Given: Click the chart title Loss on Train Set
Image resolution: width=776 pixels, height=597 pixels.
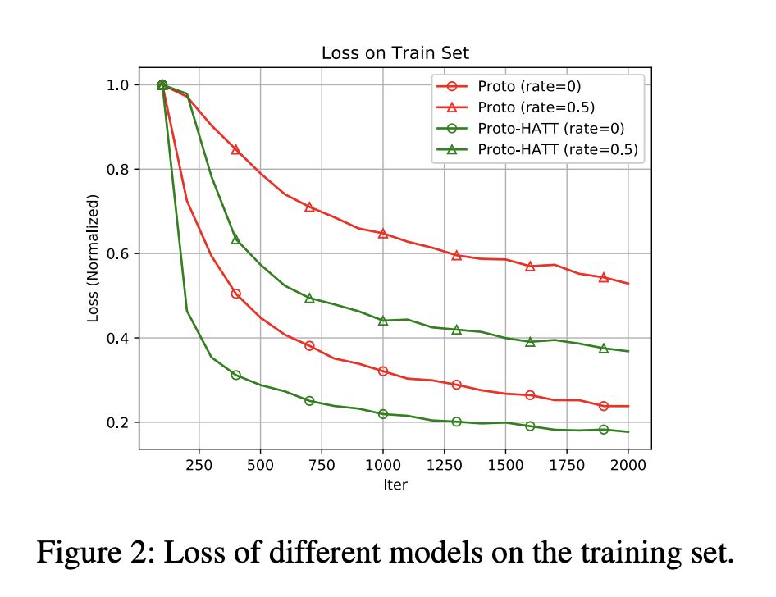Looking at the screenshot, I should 395,54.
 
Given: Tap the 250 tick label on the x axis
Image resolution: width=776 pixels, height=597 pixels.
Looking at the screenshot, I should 199,464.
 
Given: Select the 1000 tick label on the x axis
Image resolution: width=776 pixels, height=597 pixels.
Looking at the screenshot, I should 382,464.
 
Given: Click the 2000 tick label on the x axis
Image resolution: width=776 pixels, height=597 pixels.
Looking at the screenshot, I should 628,464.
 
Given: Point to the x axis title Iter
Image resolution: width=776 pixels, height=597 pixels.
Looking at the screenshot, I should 395,485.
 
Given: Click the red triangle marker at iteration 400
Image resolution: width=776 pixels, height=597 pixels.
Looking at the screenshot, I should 235,150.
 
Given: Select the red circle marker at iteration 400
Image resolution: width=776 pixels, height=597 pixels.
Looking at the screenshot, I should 235,294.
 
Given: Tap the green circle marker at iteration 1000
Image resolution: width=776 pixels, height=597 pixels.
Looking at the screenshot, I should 382,414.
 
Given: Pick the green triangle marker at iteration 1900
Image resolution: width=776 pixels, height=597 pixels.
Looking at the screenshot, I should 603,349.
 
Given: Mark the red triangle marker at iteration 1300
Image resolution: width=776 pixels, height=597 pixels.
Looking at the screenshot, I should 456,255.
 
